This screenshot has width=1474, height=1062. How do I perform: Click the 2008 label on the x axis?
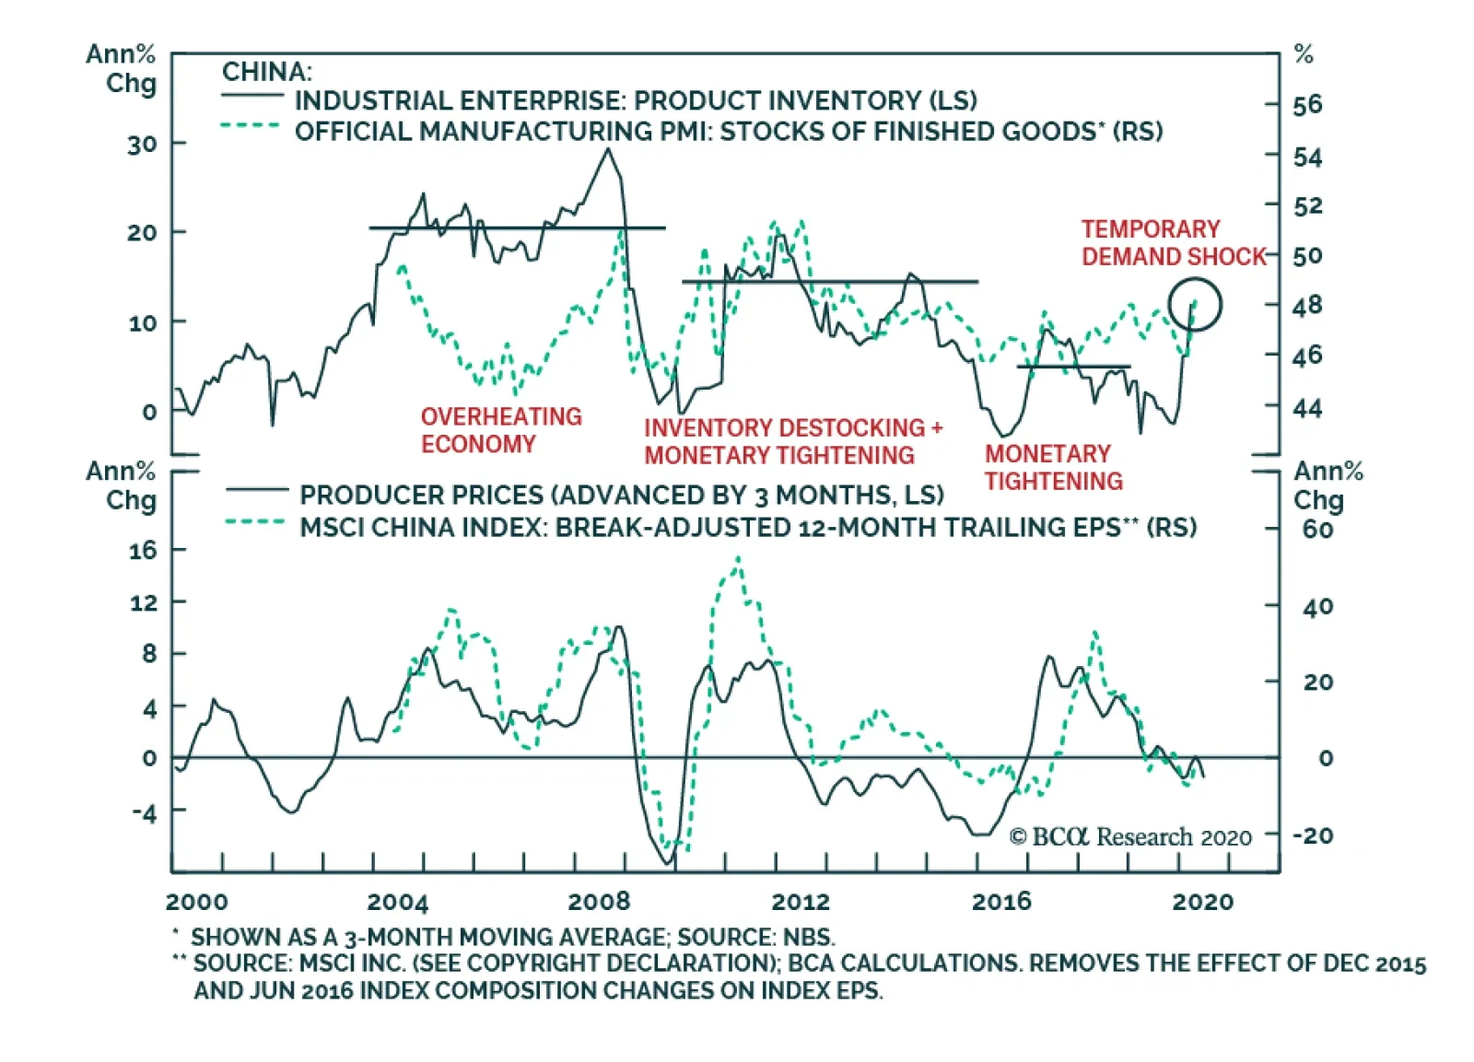tap(599, 901)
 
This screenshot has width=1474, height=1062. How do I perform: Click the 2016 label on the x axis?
tap(1001, 901)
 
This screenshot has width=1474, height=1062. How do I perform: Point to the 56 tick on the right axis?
tap(1307, 105)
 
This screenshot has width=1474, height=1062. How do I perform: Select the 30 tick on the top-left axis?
tap(142, 145)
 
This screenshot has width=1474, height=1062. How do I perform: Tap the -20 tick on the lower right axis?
tap(1313, 835)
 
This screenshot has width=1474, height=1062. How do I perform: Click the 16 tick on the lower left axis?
tap(143, 551)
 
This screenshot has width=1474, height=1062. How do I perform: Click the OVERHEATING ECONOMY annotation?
tap(501, 430)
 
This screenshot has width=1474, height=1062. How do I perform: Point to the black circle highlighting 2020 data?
tap(1195, 305)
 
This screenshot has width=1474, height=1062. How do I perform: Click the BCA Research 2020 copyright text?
tap(1130, 836)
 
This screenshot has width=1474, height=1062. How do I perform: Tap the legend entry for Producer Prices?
tap(621, 496)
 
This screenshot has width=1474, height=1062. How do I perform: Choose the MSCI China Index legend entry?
tap(747, 528)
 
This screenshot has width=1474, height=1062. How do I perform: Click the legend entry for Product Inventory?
tap(635, 100)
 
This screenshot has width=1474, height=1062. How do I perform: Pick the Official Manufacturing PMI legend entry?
tap(728, 132)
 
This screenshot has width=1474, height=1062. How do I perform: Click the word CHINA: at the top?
tap(267, 72)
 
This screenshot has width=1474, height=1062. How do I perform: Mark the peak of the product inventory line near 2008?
tap(607, 149)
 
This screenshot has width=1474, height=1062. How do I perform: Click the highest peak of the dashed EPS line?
tap(738, 558)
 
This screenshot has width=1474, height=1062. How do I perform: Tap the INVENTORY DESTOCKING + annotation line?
tap(793, 428)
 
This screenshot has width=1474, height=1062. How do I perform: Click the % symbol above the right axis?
tap(1304, 54)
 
